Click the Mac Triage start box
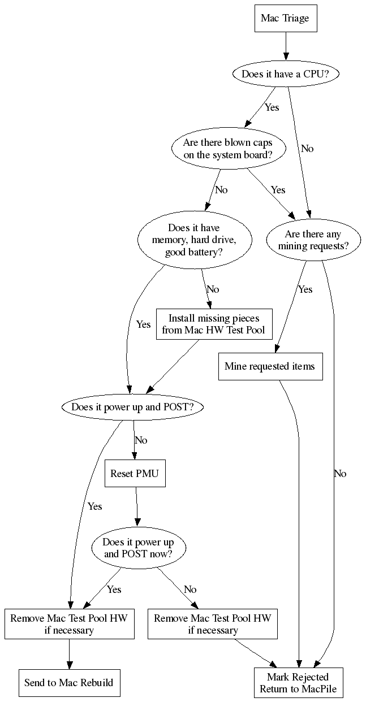pyautogui.click(x=285, y=18)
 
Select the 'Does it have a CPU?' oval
pyautogui.click(x=285, y=74)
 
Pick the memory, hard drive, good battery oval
pyautogui.click(x=194, y=240)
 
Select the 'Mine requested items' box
pyautogui.click(x=270, y=366)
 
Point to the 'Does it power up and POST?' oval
pyautogui.click(x=133, y=406)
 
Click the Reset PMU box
pyautogui.click(x=135, y=474)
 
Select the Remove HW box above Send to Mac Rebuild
pyautogui.click(x=69, y=623)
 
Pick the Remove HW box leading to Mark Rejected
pyautogui.click(x=213, y=623)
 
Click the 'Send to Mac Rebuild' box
pyautogui.click(x=69, y=682)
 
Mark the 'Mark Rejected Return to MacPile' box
pyautogui.click(x=298, y=682)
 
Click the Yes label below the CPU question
pyautogui.click(x=272, y=107)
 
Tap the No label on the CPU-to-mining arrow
pyautogui.click(x=307, y=149)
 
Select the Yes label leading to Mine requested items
pyautogui.click(x=305, y=289)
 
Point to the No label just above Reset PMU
pyautogui.click(x=141, y=440)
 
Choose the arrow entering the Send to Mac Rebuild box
pyautogui.click(x=69, y=655)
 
